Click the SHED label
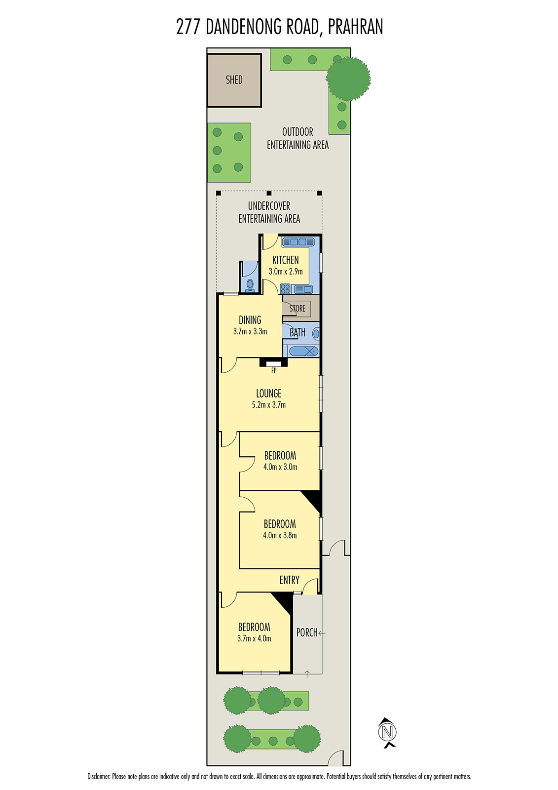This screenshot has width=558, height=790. coord(234,79)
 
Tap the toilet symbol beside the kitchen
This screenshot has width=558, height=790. coord(250,285)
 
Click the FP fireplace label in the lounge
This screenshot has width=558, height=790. coord(274,371)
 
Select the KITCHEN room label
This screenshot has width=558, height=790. coord(286,260)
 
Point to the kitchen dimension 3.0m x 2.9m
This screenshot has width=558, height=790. coord(286,272)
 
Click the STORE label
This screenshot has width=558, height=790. coord(297,308)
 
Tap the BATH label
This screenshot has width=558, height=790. coord(298,333)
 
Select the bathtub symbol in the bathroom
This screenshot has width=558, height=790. coord(303,351)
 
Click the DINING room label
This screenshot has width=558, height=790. coord(250,320)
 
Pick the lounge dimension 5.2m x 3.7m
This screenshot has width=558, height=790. coord(268,405)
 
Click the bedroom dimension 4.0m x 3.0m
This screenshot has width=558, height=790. coord(280,467)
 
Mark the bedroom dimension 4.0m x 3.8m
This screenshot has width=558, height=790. coord(280,535)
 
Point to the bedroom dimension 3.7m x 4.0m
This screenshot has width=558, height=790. coord(254,638)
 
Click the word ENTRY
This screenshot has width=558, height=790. coord(290,580)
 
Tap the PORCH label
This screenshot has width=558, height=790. coord(307,632)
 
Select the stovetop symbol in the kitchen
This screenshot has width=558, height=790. coord(285,289)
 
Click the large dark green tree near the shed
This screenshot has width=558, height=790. coord(348,79)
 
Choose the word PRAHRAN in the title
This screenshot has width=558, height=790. coord(355,27)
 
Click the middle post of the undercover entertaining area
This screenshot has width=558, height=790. coord(269,193)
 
